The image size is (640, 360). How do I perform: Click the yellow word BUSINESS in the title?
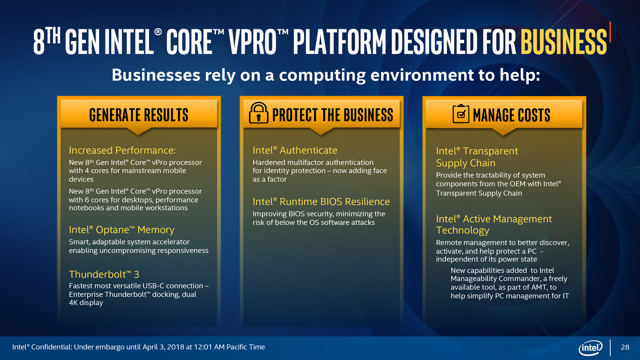click(x=563, y=42)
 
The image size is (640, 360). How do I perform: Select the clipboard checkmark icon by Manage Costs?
click(x=461, y=114)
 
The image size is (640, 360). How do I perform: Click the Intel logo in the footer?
click(x=590, y=347)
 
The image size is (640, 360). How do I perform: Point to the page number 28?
click(x=625, y=347)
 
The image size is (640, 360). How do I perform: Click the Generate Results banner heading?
click(x=139, y=115)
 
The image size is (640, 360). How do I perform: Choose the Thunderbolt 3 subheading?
click(x=104, y=274)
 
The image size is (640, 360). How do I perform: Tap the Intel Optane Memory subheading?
click(x=122, y=230)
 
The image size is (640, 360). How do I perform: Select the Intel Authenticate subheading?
click(x=295, y=150)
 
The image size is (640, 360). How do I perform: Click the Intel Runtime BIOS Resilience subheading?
click(x=321, y=202)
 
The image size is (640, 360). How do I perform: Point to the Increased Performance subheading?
click(x=122, y=150)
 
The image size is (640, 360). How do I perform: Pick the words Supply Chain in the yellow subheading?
click(x=466, y=163)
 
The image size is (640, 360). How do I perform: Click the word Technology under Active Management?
click(x=463, y=230)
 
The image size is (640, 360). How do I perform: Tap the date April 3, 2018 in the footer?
click(x=163, y=347)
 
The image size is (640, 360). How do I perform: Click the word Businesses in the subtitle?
click(x=156, y=75)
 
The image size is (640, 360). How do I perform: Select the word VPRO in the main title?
click(x=252, y=42)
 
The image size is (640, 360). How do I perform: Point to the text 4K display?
click(x=86, y=302)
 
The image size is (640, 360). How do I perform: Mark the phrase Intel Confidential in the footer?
click(x=42, y=347)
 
